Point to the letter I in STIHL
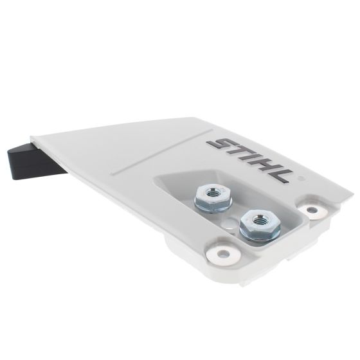tap(255, 158)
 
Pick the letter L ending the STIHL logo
tap(285, 173)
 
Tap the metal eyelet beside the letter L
tap(312, 210)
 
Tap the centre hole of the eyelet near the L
tap(312, 210)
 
